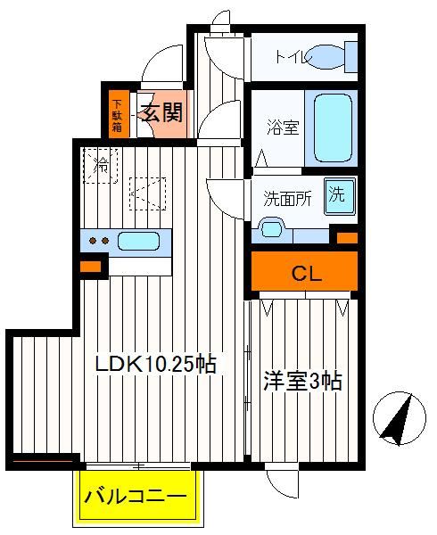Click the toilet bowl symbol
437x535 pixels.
point(326,57)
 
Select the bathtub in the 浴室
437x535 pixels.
point(333,128)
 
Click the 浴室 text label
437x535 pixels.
point(283,127)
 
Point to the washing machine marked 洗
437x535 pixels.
point(339,197)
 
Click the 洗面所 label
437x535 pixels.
point(287,198)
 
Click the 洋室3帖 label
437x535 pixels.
point(302,381)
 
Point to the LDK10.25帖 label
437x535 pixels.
point(155,364)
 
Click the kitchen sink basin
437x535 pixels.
point(138,241)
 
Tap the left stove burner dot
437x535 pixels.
point(93,241)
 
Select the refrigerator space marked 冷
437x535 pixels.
point(101,166)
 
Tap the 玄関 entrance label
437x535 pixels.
point(162,112)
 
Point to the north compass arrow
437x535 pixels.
point(399,419)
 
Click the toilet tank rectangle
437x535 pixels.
point(351,57)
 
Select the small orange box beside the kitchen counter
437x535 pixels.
point(90,267)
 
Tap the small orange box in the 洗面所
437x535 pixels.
point(347,238)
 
